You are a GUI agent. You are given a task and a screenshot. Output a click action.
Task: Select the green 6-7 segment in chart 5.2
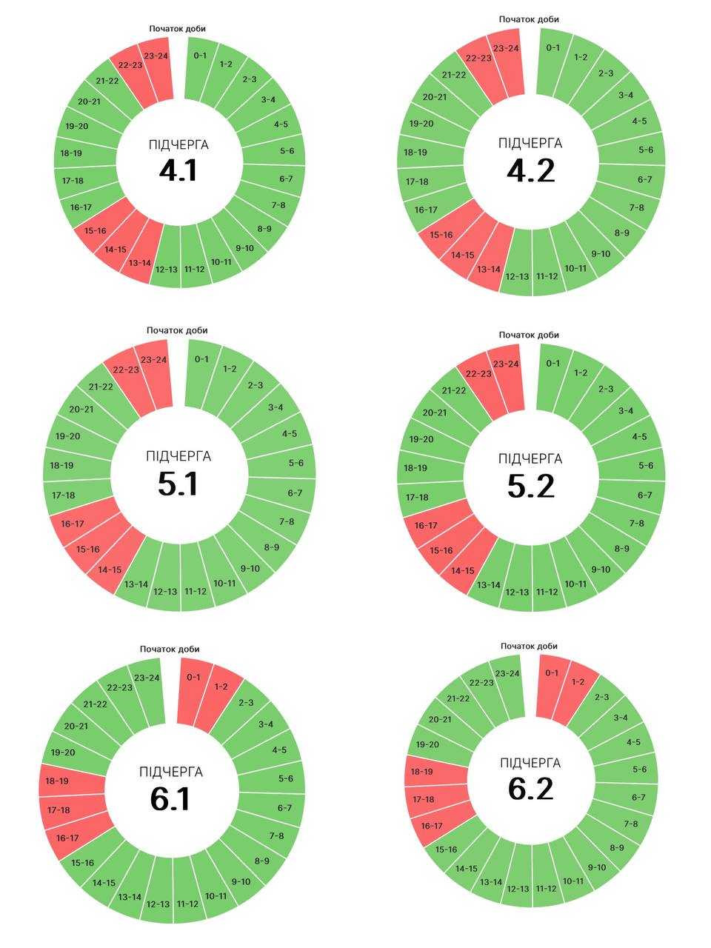(632, 494)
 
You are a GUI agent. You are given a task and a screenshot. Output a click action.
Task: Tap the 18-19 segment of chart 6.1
(71, 781)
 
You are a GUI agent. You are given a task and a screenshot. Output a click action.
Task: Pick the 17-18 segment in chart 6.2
(436, 801)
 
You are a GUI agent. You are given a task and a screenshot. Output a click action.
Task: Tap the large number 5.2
(530, 487)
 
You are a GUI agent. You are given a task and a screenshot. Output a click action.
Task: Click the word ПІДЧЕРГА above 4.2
(530, 143)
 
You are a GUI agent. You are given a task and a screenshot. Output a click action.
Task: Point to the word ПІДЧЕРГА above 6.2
(530, 763)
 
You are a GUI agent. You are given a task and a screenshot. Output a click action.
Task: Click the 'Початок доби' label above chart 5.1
(177, 330)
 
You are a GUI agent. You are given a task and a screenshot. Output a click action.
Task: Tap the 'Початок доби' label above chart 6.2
(529, 646)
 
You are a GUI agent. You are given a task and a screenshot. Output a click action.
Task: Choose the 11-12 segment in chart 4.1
(195, 259)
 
